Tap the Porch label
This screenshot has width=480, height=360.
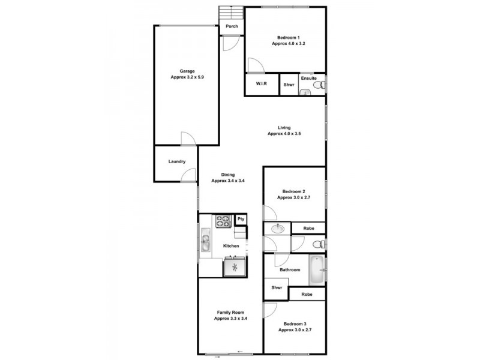click(x=232, y=26)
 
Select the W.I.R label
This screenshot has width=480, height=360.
click(x=261, y=85)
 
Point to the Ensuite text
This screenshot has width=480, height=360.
click(x=309, y=79)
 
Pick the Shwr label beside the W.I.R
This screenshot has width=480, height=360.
click(x=289, y=85)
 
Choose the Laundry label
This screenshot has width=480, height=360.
click(x=176, y=161)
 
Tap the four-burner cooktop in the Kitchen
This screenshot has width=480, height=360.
click(x=223, y=221)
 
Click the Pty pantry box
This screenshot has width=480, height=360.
click(x=241, y=220)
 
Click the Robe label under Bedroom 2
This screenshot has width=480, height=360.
click(x=308, y=229)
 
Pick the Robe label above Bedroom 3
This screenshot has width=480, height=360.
click(x=307, y=295)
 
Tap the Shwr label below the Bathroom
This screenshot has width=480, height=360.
click(x=277, y=287)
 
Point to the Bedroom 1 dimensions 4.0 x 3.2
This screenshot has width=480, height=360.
click(x=289, y=44)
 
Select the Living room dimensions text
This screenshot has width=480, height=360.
click(x=284, y=134)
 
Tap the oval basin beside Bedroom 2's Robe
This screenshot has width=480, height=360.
click(x=277, y=229)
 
